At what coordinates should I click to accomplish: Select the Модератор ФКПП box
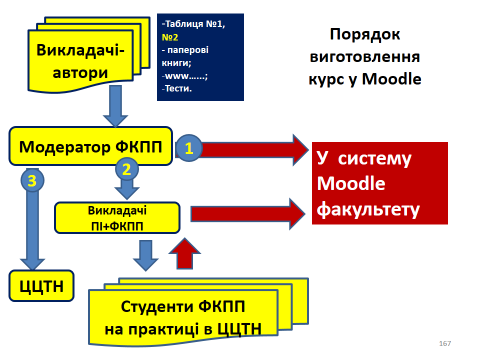click(91, 146)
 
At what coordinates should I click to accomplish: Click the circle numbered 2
click(126, 169)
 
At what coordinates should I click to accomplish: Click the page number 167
click(445, 343)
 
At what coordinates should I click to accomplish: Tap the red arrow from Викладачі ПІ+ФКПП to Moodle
click(245, 211)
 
